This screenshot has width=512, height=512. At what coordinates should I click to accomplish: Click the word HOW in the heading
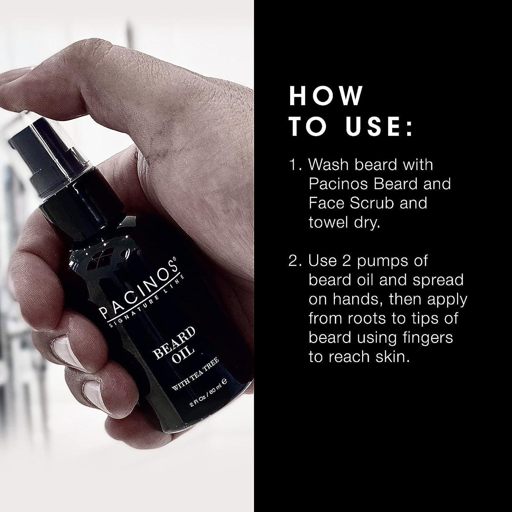[326, 96]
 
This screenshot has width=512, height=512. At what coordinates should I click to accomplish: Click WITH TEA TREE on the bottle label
[195, 374]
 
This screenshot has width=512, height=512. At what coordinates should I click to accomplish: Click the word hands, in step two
[357, 299]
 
